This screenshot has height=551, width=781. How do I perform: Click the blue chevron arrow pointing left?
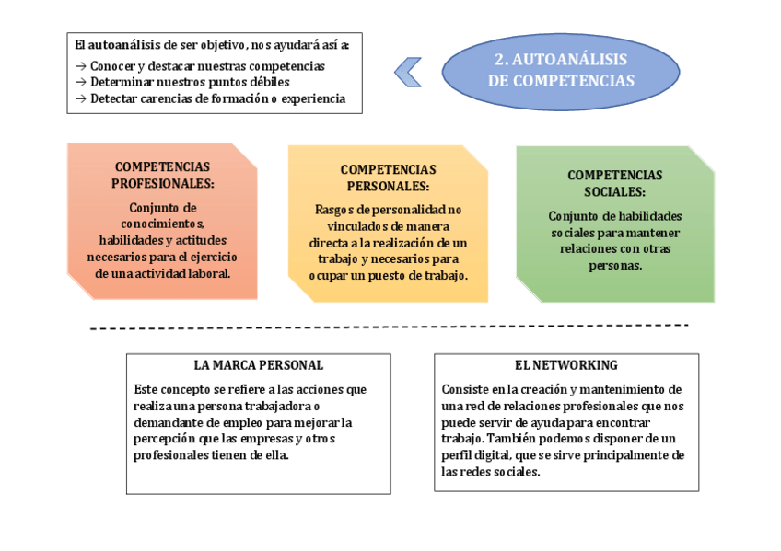(408, 72)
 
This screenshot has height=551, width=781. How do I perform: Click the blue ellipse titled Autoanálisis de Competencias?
(560, 70)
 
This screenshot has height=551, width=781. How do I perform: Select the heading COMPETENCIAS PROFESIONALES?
(162, 175)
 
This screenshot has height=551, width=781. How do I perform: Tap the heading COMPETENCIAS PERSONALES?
(388, 178)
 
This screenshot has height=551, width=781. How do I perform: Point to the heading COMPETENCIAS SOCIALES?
(614, 183)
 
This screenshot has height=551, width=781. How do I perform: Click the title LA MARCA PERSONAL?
(246, 365)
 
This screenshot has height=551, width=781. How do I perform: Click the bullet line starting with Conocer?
(200, 66)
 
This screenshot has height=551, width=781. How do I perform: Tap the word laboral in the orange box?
(209, 273)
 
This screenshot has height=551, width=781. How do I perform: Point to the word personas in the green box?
(615, 266)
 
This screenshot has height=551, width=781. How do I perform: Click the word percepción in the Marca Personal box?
(164, 439)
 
